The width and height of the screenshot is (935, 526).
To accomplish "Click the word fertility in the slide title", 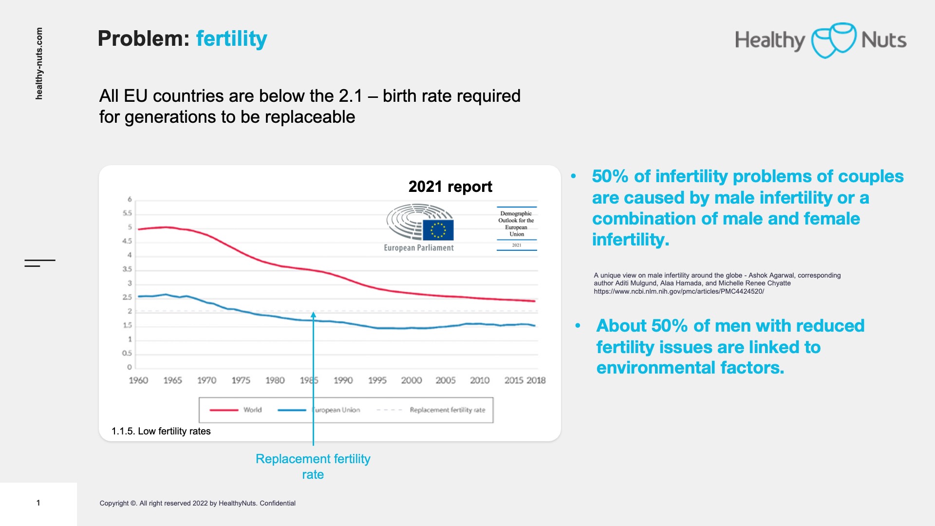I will [x=231, y=38].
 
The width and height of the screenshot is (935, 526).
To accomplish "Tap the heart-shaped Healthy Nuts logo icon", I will [x=833, y=40].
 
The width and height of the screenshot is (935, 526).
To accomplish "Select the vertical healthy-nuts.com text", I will [x=39, y=63].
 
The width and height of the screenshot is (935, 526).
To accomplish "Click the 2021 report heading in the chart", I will [x=450, y=187].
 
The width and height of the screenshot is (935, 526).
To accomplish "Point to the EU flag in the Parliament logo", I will [x=438, y=230].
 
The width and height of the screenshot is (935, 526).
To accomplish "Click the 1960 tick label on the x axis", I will [x=138, y=380].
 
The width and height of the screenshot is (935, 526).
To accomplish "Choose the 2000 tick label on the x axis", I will [x=411, y=380].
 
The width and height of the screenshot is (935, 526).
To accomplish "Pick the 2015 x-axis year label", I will [x=514, y=380].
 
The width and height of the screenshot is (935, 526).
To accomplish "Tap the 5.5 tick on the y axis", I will [x=127, y=213].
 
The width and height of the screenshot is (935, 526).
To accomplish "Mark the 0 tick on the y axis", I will [x=130, y=367].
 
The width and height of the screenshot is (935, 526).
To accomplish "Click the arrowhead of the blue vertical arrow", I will [x=313, y=315].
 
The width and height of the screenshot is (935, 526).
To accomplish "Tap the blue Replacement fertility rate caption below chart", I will [x=313, y=466].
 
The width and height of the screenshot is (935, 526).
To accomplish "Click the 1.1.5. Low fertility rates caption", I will [x=161, y=431].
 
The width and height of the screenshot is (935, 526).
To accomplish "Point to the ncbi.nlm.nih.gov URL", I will [x=678, y=291].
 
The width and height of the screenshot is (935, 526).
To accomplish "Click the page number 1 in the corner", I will [x=38, y=503].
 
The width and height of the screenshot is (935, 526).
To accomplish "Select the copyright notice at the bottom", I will [x=197, y=503].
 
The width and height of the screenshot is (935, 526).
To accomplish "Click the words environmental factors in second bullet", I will [x=690, y=368].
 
